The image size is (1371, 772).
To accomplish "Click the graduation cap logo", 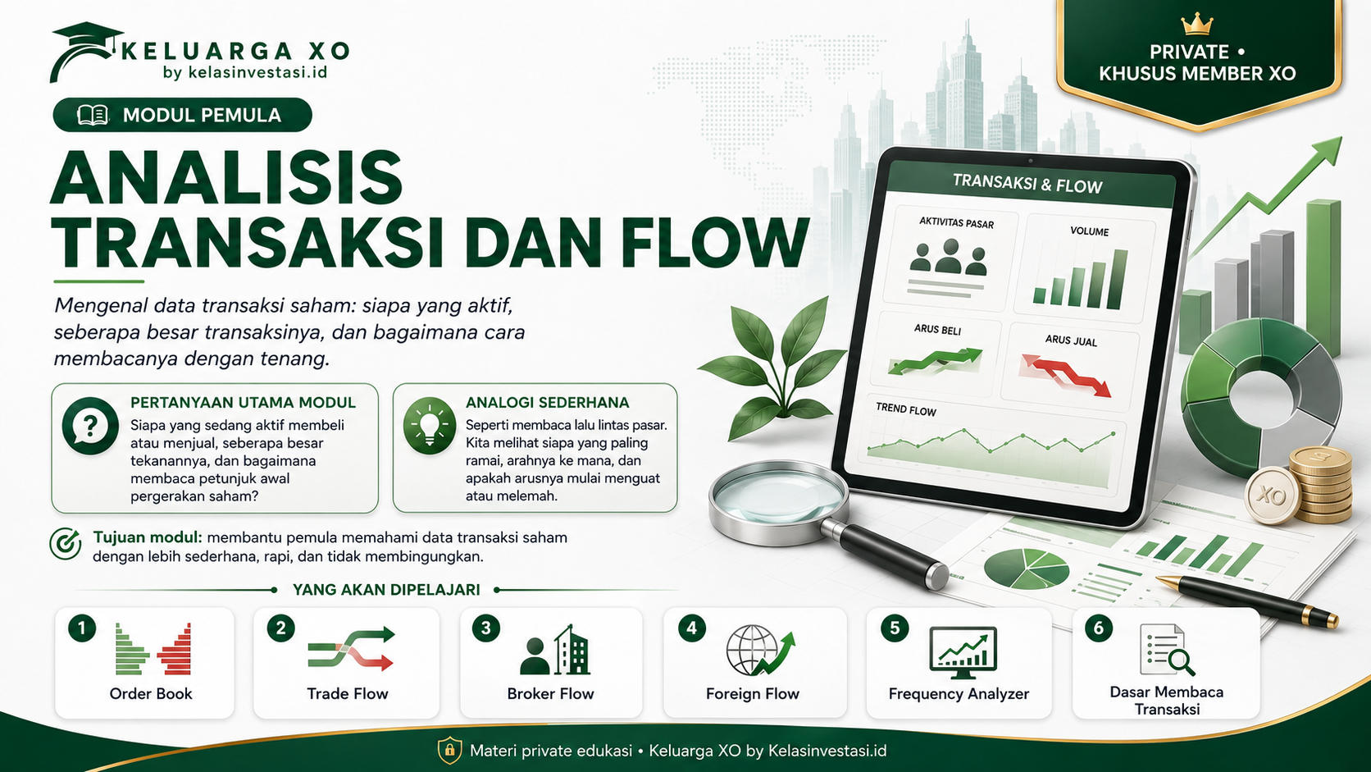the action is (x=85, y=52).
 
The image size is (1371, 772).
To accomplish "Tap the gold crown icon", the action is (x=1197, y=25).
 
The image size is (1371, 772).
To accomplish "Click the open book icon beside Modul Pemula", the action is (x=93, y=115).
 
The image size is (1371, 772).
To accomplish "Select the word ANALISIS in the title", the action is (x=226, y=177).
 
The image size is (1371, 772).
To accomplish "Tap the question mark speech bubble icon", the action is (x=90, y=426).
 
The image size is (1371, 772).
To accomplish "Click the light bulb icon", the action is (x=430, y=426).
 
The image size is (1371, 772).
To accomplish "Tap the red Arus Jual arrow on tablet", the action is (x=1066, y=374).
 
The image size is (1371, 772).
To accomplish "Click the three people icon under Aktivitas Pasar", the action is (x=949, y=257).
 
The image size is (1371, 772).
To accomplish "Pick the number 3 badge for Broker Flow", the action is (x=486, y=628).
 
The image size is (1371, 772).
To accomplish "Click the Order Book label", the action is (x=151, y=693).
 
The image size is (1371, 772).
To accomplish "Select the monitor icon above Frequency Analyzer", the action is (x=963, y=652).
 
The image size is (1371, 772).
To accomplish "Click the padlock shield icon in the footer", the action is (x=450, y=751).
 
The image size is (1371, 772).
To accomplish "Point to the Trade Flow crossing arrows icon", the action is (x=351, y=648).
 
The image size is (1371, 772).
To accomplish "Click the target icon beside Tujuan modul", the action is (x=66, y=544).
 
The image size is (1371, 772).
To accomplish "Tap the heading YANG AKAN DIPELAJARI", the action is (x=386, y=590).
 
